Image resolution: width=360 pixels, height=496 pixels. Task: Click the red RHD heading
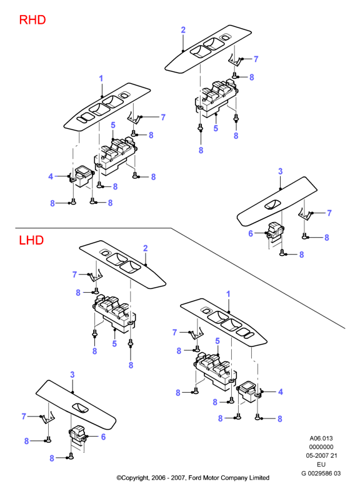pyautogui.click(x=32, y=19)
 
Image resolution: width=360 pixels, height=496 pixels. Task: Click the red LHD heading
pyautogui.click(x=31, y=240)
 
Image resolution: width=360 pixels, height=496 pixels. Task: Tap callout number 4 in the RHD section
pyautogui.click(x=51, y=176)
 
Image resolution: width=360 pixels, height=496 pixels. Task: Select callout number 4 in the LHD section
pyautogui.click(x=281, y=392)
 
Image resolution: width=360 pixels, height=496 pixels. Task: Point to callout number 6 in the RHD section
pyautogui.click(x=251, y=233)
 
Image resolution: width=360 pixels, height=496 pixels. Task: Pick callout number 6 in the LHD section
pyautogui.click(x=103, y=437)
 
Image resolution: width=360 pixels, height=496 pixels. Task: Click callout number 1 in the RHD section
pyautogui.click(x=101, y=78)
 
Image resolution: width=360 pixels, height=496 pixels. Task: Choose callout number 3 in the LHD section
pyautogui.click(x=72, y=375)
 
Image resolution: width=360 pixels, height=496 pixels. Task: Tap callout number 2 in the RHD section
pyautogui.click(x=183, y=30)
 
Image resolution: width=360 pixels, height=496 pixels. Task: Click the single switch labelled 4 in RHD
pyautogui.click(x=82, y=176)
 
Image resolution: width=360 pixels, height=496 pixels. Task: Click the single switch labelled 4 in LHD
pyautogui.click(x=250, y=392)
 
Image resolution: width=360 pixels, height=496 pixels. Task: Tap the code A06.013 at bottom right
pyautogui.click(x=321, y=438)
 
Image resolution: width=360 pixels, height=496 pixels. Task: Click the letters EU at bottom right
pyautogui.click(x=321, y=465)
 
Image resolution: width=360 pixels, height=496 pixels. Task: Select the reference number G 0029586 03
pyautogui.click(x=321, y=473)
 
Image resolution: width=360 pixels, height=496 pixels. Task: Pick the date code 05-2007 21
pyautogui.click(x=321, y=456)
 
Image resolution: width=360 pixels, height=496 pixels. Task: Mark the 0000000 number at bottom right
pyautogui.click(x=321, y=447)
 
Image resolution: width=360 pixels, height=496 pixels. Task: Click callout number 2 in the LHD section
pyautogui.click(x=146, y=248)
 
